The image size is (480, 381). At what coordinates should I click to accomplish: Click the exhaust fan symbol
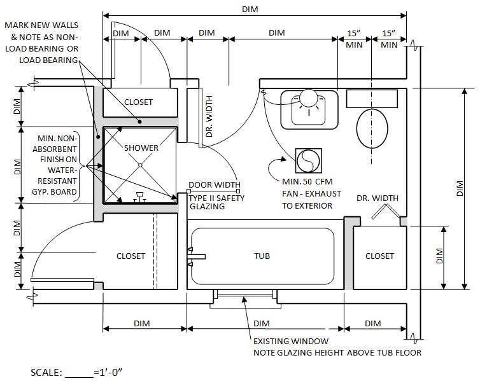307,160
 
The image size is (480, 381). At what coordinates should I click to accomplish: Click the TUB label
262,256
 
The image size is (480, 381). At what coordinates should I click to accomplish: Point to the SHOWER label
141,148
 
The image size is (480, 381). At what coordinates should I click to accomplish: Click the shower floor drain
141,165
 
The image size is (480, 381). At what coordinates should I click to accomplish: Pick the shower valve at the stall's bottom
140,199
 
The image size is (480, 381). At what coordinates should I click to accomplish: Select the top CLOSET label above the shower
138,102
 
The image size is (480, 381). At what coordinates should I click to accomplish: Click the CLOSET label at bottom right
379,256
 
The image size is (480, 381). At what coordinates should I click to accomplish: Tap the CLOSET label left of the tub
131,256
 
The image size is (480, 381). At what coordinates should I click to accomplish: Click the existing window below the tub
244,296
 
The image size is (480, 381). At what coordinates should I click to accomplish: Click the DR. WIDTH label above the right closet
377,198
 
